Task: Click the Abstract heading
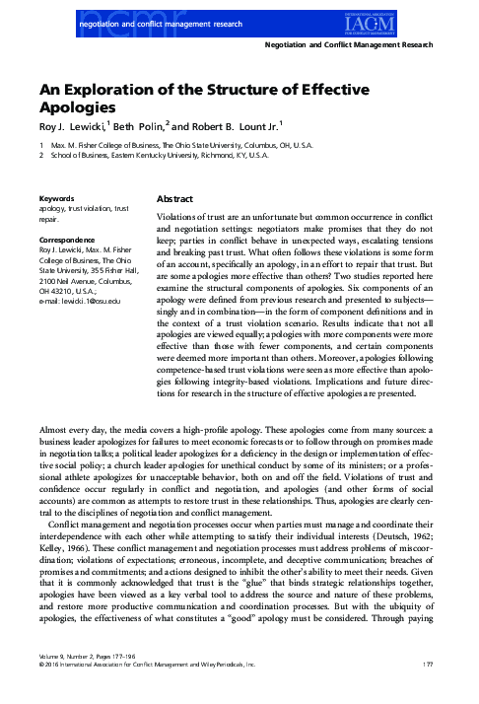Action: pos(178,199)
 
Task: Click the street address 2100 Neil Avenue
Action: pos(72,279)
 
